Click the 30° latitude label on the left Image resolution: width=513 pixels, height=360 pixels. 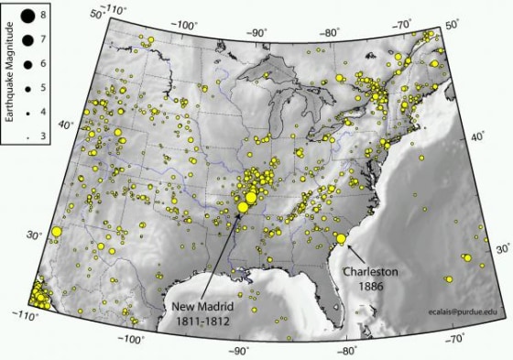point(34,236)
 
